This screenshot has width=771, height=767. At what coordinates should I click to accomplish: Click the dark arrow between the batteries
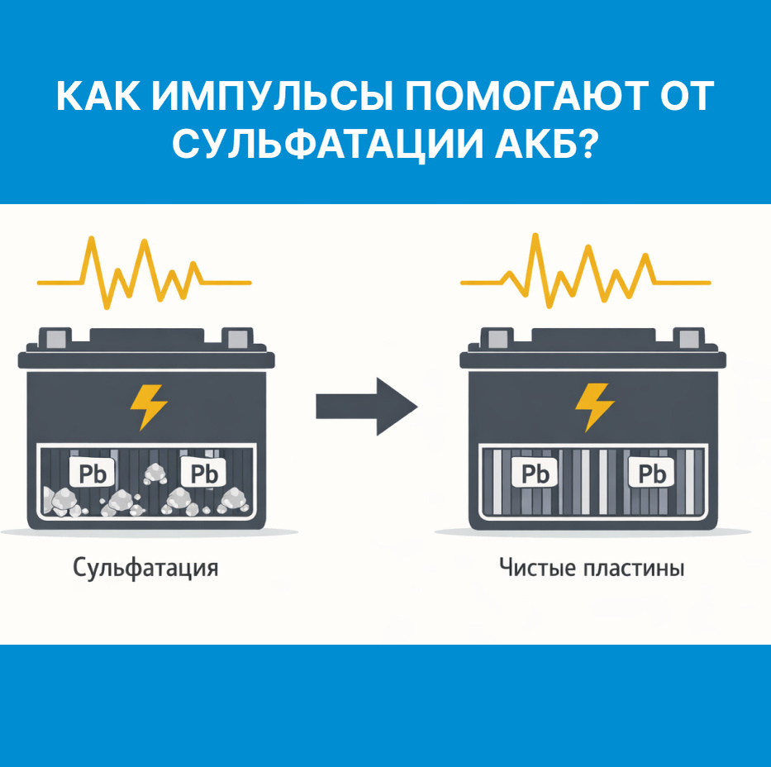coord(366,406)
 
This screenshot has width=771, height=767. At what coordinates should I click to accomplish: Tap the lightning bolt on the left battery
coord(149,406)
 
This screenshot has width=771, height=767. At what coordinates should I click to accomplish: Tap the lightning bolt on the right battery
coord(594,406)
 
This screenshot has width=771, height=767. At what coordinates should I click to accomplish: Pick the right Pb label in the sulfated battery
coord(202,473)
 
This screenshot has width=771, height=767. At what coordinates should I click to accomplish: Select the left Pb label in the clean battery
coord(535,474)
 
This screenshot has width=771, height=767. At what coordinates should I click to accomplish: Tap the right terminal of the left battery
coord(237,337)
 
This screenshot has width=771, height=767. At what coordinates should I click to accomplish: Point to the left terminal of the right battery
coord(497,337)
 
